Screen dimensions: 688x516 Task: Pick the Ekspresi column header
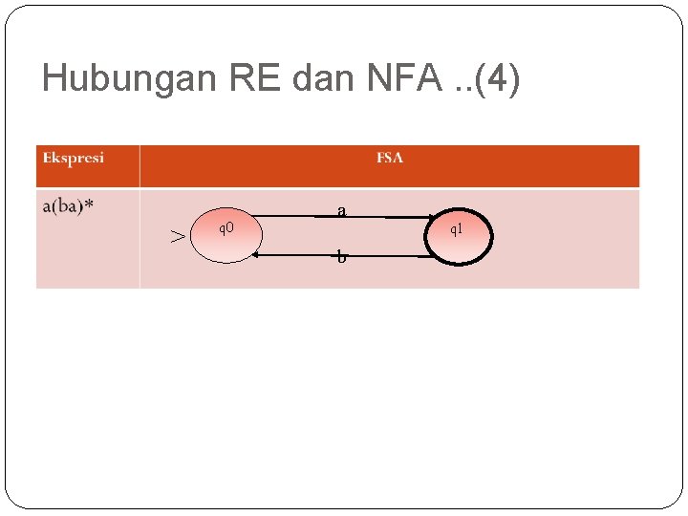(74, 158)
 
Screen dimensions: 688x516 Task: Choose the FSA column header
(390, 158)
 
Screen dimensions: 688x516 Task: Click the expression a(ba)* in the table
(68, 205)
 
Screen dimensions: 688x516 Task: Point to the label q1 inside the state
(457, 230)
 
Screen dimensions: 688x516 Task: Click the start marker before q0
(178, 235)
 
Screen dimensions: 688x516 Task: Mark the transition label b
(341, 257)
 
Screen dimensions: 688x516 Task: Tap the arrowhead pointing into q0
(256, 255)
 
